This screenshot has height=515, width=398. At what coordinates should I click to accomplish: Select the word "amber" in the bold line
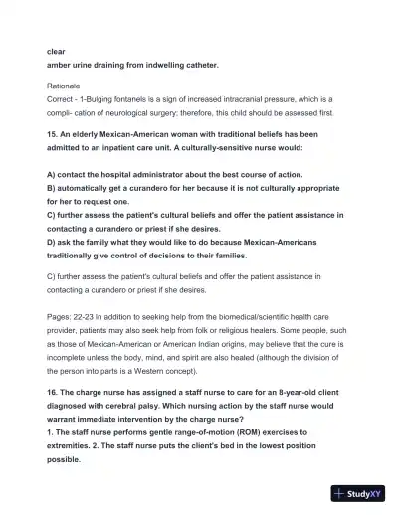click(x=62, y=66)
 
